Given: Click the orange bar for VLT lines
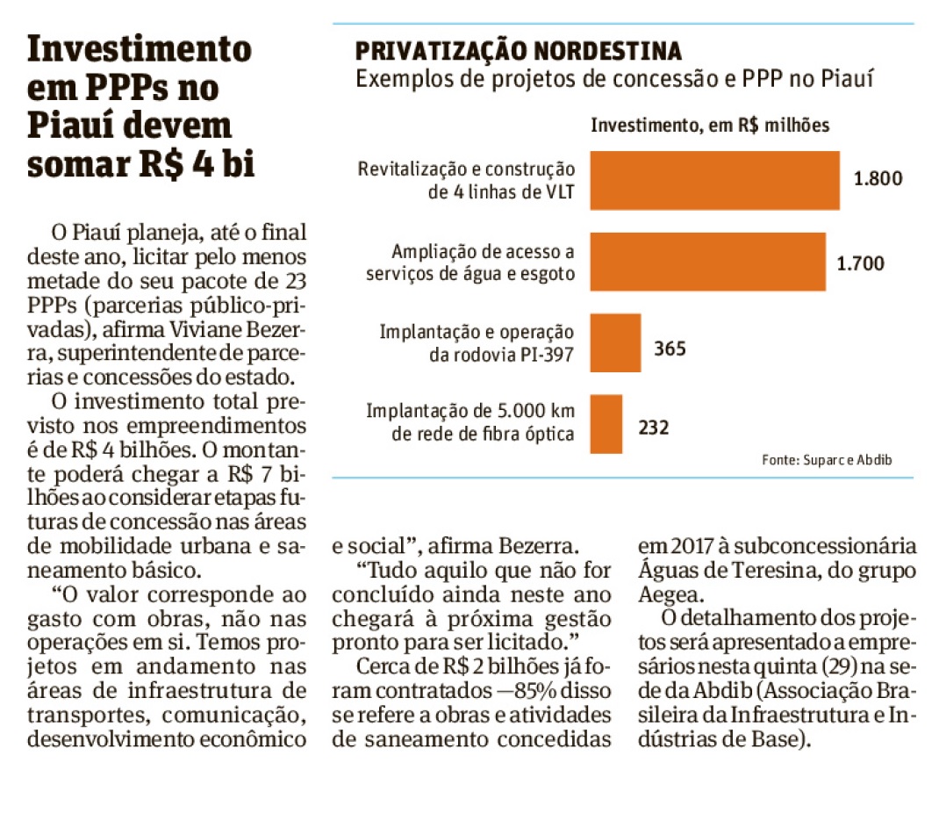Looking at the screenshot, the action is pos(714,180).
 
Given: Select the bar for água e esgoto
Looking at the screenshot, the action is pos(708,262).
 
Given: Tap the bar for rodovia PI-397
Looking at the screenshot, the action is pos(616,342).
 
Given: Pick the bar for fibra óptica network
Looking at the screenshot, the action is pos(606,424).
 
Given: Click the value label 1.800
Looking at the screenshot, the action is pos(878,178).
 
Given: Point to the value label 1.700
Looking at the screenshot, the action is pos(860,263).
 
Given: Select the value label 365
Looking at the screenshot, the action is pos(670,349).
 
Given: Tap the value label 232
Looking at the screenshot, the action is pos(653,428).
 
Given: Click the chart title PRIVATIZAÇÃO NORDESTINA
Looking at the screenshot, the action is pos(519,51).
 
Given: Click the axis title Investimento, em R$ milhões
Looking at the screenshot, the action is pos(710,126).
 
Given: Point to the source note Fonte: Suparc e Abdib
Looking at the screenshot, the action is pos(827,459).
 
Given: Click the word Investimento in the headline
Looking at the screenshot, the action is pos(140,49).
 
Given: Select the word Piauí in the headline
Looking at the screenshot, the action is pos(69,126).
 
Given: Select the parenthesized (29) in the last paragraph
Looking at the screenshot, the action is pos(835,666).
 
